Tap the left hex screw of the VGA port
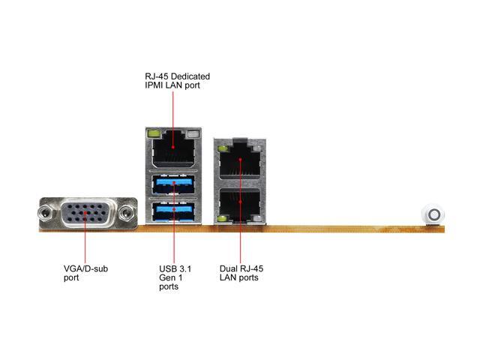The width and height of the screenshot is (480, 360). tap(46, 214)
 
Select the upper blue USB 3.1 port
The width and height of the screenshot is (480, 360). tap(173, 184)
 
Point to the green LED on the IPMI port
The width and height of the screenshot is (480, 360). tap(154, 136)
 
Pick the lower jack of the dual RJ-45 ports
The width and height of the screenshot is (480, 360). tap(241, 202)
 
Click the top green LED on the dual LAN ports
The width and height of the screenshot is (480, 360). tap(223, 149)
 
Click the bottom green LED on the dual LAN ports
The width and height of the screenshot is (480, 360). tap(223, 219)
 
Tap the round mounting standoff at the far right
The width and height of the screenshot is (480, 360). tap(433, 214)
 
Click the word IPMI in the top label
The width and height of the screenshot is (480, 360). tap(154, 86)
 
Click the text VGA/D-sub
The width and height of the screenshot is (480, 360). tap(85, 268)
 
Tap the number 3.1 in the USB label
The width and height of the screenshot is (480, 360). tap(185, 268)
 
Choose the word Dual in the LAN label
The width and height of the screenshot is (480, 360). tap(229, 268)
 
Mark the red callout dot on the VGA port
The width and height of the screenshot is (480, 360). tap(83, 214)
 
